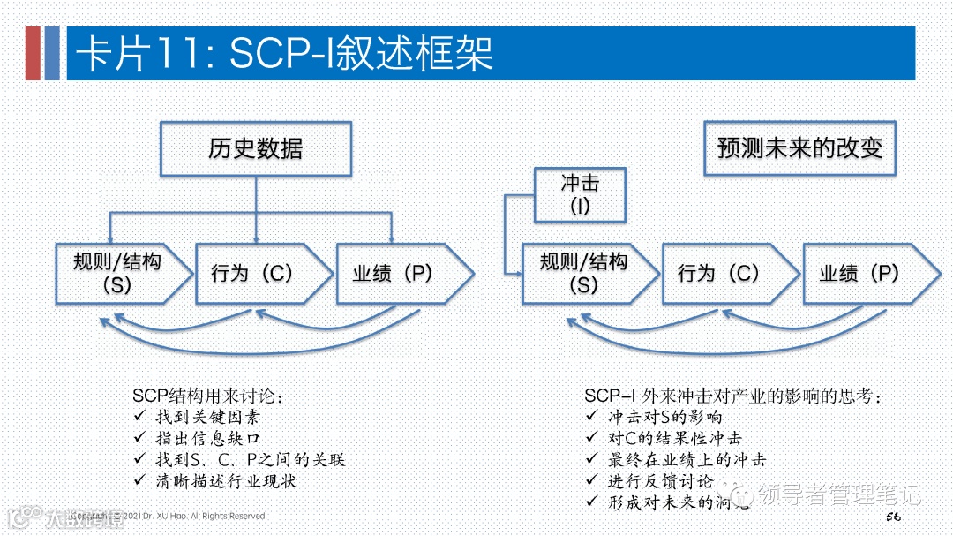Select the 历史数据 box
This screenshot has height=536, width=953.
pyautogui.click(x=255, y=147)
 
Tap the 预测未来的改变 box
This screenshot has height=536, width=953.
pyautogui.click(x=799, y=147)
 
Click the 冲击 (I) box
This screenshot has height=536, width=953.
pyautogui.click(x=580, y=195)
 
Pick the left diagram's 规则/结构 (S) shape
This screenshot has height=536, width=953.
pyautogui.click(x=119, y=273)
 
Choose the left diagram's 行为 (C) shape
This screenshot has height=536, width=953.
pyautogui.click(x=256, y=273)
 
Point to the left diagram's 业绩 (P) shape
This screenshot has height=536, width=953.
pyautogui.click(x=397, y=273)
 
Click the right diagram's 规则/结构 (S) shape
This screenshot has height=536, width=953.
pyautogui.click(x=585, y=273)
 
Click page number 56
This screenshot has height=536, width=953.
pyautogui.click(x=891, y=515)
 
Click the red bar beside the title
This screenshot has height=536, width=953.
pyautogui.click(x=33, y=53)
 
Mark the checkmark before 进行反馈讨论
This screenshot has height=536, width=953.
pyautogui.click(x=592, y=481)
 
